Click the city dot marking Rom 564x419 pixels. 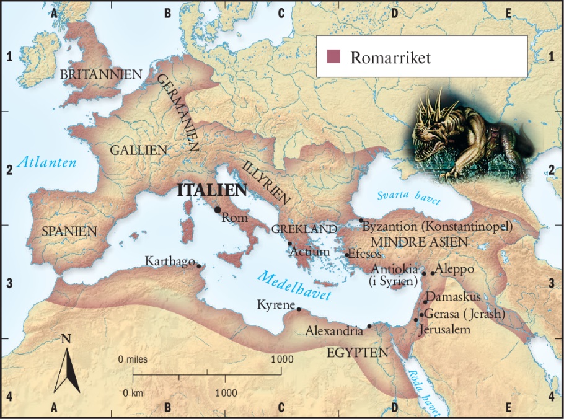[218, 209]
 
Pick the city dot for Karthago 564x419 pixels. [199, 266]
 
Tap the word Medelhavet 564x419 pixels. [295, 286]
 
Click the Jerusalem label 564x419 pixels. [444, 330]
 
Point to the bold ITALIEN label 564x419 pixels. [212, 191]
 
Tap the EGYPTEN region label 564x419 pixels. [358, 353]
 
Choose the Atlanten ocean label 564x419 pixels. [47, 163]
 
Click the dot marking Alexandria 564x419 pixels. [369, 326]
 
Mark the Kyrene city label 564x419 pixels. [275, 305]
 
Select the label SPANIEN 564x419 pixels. [69, 231]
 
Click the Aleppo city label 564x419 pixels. [456, 269]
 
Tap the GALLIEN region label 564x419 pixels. [139, 150]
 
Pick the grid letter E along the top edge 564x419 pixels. [508, 12]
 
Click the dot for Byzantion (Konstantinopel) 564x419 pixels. [361, 220]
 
